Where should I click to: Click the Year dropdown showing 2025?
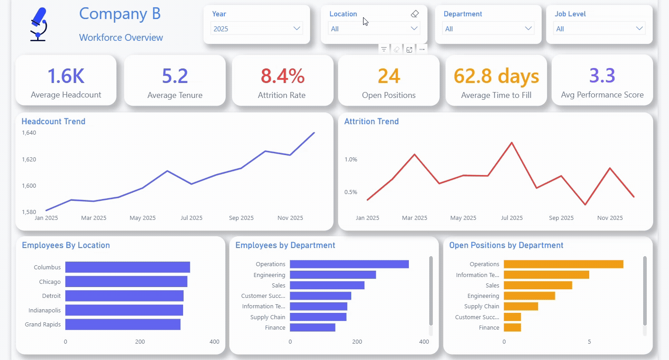[x=257, y=29]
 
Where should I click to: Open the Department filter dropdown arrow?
[x=528, y=29]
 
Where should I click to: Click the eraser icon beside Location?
[x=415, y=14]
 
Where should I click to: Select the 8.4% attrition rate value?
[x=282, y=76]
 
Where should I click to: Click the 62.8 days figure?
[x=496, y=76]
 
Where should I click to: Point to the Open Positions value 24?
[x=388, y=76]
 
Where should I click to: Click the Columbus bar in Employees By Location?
[x=127, y=267]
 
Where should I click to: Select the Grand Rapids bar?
[x=123, y=325]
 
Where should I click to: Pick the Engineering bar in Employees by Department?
[x=333, y=275]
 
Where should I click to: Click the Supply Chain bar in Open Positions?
[x=521, y=306]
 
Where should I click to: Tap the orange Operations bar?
[x=563, y=264]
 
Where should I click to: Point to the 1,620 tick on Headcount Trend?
[x=29, y=159]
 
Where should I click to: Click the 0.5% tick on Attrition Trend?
[x=351, y=192]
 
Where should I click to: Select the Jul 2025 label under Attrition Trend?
[x=512, y=218]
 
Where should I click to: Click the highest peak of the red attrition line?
[x=512, y=142]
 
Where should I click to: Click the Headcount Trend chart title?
[x=53, y=122]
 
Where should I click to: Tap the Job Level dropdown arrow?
[x=639, y=29]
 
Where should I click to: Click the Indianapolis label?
[x=44, y=310]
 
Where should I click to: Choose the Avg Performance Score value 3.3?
[x=602, y=76]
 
